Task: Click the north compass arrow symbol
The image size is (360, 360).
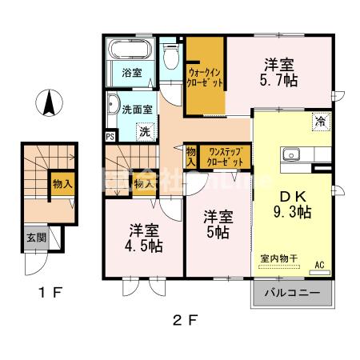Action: [48, 102]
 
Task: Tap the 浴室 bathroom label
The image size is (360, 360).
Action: [132, 73]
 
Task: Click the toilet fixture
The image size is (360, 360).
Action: [170, 55]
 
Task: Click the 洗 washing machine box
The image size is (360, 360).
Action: [145, 130]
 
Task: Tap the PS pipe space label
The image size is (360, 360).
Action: [110, 136]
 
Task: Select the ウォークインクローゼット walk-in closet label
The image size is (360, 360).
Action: [204, 77]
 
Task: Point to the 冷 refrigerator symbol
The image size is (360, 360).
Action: [319, 121]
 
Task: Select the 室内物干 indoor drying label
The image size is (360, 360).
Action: [278, 258]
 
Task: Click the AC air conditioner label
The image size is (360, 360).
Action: [319, 266]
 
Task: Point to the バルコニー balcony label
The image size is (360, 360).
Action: [292, 294]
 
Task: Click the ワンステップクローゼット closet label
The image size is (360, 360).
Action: [225, 155]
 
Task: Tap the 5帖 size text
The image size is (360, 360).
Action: [218, 233]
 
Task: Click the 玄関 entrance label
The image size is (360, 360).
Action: [36, 238]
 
